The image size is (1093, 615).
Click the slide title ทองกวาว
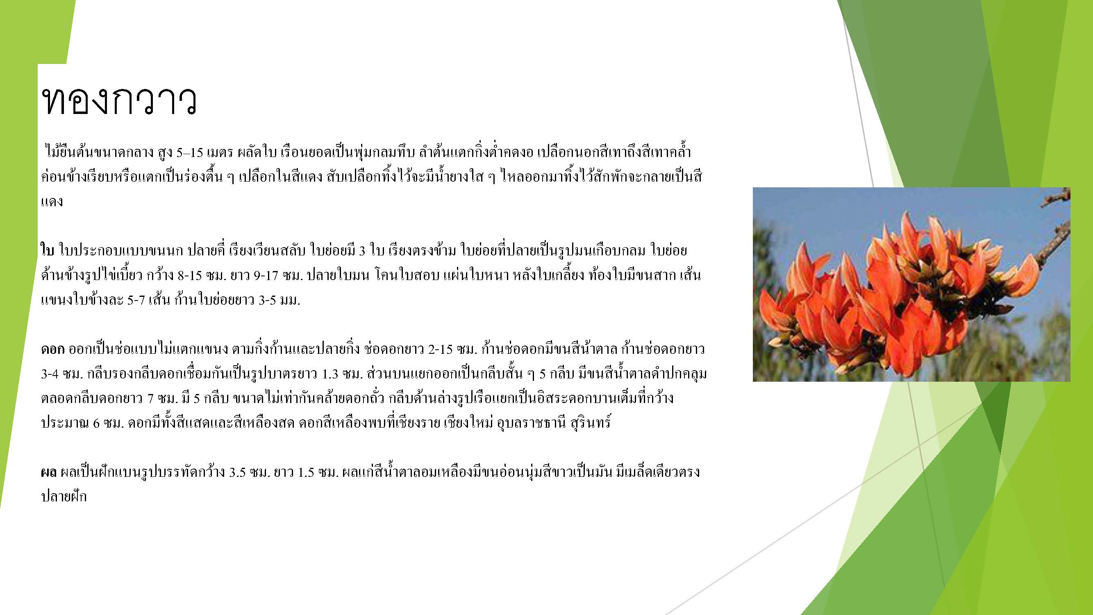coord(119,101)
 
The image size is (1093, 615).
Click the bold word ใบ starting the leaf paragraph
coord(48,251)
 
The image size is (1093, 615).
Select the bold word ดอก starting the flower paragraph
coord(52,349)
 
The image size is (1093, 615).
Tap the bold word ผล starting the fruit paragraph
coord(49,472)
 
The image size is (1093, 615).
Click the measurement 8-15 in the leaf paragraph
coord(190,276)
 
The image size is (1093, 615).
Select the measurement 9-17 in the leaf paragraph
coord(266,276)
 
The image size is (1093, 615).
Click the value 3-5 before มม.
coord(268,300)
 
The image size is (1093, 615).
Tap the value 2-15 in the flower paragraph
coord(441,349)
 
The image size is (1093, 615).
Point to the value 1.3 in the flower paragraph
coord(329,374)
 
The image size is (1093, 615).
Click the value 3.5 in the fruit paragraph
coord(238,472)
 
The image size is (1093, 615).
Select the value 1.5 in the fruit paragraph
coord(306,472)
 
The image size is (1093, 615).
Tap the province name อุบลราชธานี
coord(531,423)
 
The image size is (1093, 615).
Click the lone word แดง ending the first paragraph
coord(52,202)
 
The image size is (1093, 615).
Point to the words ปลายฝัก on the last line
coord(64,496)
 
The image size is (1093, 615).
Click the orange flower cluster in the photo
coord(891,297)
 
